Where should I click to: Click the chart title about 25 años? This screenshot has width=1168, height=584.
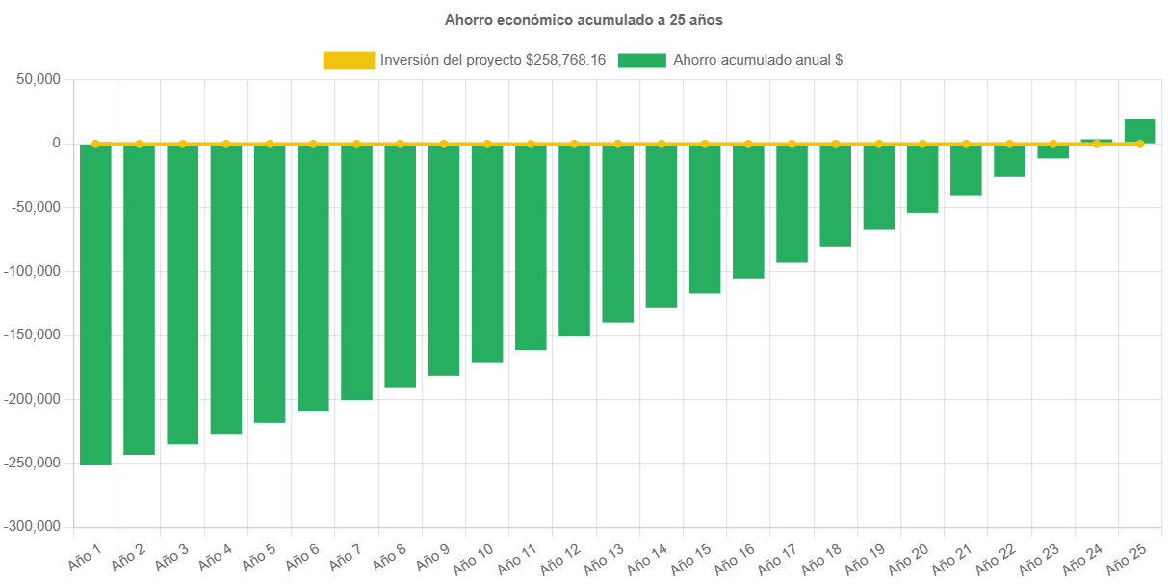tap(584, 19)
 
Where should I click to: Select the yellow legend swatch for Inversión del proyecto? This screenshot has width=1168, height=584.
tap(349, 61)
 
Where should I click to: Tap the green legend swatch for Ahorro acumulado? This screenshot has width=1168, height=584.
tap(641, 61)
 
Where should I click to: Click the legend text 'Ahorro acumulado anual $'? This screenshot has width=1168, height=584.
tap(758, 60)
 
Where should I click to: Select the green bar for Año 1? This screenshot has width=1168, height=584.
tap(95, 305)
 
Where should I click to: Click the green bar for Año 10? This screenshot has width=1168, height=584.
tap(487, 253)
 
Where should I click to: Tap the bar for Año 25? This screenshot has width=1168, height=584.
tap(1140, 130)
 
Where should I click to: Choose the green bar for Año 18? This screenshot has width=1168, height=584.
tap(836, 196)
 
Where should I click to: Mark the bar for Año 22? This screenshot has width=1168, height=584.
tap(1009, 161)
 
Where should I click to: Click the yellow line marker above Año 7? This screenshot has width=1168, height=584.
tap(356, 144)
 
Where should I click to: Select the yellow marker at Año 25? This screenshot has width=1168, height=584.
tap(1140, 144)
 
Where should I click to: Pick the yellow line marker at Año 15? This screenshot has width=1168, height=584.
tap(705, 144)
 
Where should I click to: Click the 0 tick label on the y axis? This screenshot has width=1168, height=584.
tap(57, 143)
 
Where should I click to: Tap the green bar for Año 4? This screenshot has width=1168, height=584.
tap(226, 289)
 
